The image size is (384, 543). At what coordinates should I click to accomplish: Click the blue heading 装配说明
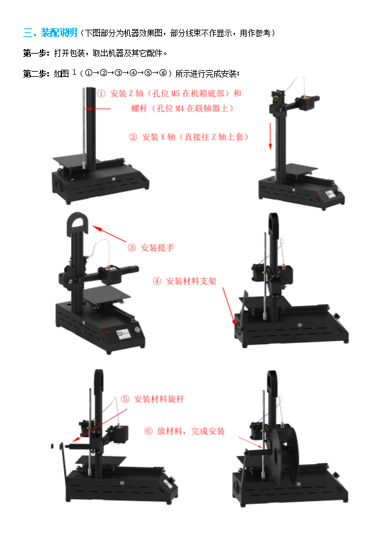59,32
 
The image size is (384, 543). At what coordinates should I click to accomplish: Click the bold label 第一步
36,53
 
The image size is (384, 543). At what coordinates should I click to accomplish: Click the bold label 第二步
36,74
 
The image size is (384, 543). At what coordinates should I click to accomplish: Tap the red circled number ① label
101,94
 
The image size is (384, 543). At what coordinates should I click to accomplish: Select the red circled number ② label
133,137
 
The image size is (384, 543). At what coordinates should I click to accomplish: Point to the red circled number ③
132,247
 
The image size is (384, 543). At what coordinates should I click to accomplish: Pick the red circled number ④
157,281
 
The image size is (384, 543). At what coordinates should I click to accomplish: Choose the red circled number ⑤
125,399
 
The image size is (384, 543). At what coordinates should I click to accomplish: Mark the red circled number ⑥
148,431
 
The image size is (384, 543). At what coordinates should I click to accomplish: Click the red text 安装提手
157,247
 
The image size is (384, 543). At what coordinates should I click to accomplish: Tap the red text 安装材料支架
191,281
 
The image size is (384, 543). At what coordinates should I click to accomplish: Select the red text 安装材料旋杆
159,399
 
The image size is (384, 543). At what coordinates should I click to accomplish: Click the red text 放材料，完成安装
191,431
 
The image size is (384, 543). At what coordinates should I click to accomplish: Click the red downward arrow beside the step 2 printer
270,136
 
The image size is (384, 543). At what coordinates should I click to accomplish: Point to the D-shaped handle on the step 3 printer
77,225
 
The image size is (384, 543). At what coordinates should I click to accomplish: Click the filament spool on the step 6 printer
285,456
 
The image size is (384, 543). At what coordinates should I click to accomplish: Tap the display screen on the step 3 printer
124,334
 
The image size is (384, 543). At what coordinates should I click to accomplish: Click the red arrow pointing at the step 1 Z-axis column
98,108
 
